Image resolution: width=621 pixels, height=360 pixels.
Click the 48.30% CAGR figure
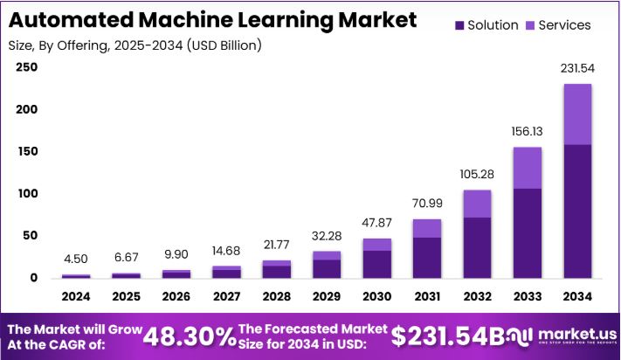click(189, 336)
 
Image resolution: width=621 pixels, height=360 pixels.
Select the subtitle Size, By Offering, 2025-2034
click(135, 44)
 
